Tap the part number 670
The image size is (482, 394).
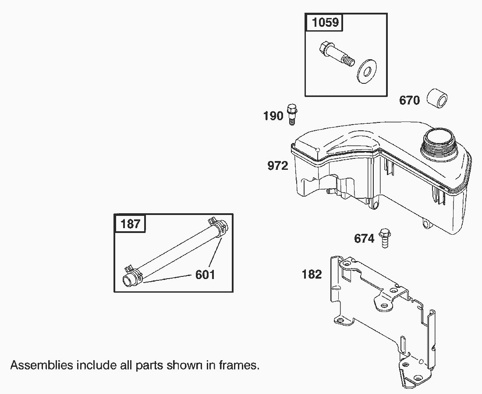coord(409,100)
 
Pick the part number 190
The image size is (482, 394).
coord(273,116)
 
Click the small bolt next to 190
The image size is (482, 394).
coord(291,114)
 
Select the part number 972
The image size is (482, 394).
coord(278,166)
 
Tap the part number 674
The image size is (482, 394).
coord(364,239)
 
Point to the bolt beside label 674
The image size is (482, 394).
coord(385,238)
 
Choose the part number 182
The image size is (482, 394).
coord(312,275)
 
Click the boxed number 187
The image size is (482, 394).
coord(131,224)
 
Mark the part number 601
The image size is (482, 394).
coord(205,275)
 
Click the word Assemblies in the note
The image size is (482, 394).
coord(35,365)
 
